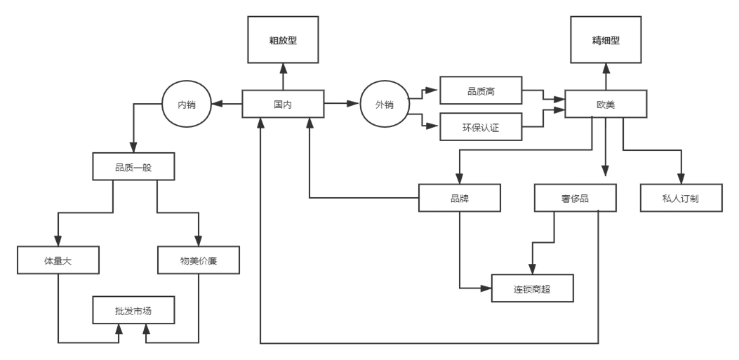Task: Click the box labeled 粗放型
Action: (x=283, y=41)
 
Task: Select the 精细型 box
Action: (x=606, y=41)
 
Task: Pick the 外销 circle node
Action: (x=383, y=105)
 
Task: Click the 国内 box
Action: (x=283, y=104)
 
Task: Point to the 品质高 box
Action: (x=481, y=89)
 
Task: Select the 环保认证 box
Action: (x=481, y=127)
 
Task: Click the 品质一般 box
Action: (x=133, y=167)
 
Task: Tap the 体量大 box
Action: (x=58, y=260)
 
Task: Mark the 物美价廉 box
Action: (x=199, y=260)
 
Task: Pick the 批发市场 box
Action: (x=133, y=311)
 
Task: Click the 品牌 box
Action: (x=459, y=198)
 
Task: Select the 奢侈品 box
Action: (x=575, y=198)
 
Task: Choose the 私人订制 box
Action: (x=680, y=198)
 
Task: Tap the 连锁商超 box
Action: (x=532, y=288)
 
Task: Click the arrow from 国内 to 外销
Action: (x=342, y=104)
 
